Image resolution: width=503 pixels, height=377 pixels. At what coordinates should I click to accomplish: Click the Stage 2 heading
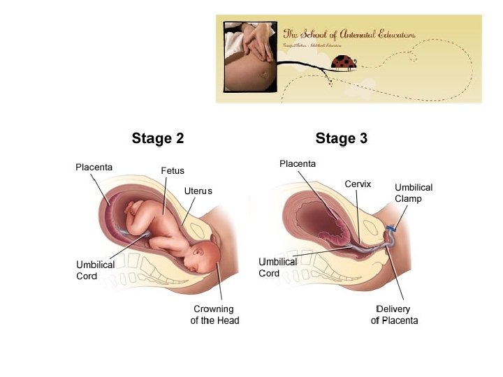tap(158, 138)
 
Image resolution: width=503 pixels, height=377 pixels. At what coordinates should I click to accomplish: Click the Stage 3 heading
tap(341, 138)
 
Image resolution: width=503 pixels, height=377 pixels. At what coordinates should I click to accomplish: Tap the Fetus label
tap(173, 170)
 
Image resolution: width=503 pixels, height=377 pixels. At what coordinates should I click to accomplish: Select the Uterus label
tap(198, 191)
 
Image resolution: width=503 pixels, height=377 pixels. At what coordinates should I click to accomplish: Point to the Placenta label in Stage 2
tap(94, 166)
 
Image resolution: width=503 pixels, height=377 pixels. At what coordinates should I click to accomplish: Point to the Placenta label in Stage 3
tap(298, 163)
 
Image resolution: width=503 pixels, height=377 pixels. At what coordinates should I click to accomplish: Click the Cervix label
tap(358, 184)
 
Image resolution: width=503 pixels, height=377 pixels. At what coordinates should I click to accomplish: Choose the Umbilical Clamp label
tap(414, 193)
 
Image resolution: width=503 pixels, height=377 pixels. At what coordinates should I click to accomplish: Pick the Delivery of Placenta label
tap(395, 315)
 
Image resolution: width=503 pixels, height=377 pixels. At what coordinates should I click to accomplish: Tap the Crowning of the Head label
tap(214, 315)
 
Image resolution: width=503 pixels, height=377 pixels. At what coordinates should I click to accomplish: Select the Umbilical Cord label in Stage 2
tap(95, 270)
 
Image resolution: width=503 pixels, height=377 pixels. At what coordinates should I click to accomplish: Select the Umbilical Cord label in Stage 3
tap(278, 267)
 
